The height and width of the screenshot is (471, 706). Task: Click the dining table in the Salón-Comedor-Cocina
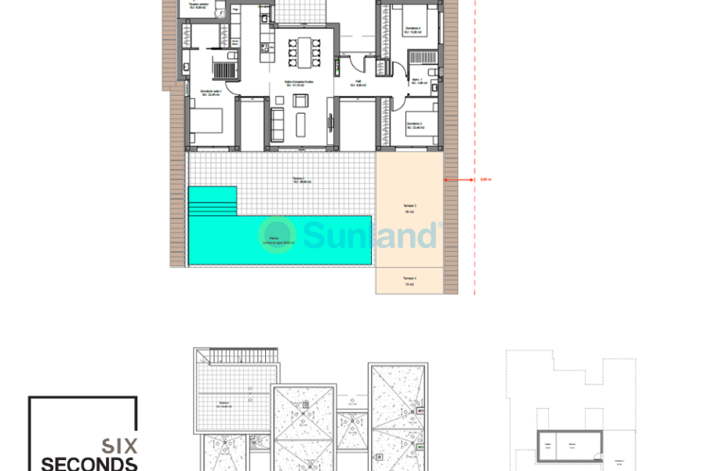302,53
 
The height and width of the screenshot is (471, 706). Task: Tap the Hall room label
358,82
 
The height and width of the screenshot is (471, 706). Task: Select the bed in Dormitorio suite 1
206,121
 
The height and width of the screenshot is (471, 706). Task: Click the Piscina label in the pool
274,239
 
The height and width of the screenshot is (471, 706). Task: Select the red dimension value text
486,180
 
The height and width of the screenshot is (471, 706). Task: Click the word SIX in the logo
121,445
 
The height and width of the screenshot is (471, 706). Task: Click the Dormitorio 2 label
415,125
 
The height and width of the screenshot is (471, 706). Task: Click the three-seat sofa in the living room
278,122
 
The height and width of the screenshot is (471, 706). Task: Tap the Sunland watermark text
369,235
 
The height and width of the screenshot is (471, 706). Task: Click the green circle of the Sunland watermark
278,235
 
